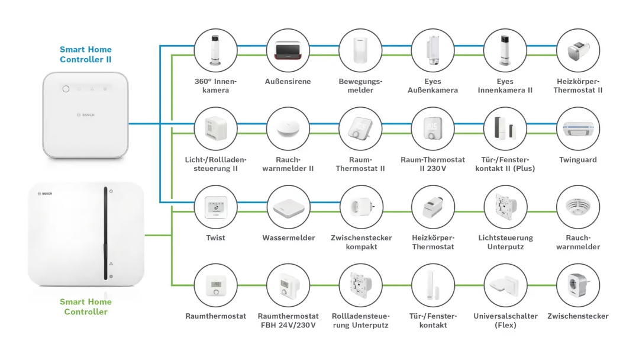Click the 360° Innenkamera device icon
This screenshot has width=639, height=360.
(x=215, y=50)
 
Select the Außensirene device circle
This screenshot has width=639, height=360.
(x=288, y=50)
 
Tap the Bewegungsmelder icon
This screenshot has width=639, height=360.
(x=360, y=50)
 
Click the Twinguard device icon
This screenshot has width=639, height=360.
(x=578, y=128)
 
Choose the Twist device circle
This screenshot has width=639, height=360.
(x=215, y=207)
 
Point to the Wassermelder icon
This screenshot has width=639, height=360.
(x=288, y=207)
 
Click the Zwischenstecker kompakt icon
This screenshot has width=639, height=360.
(x=360, y=207)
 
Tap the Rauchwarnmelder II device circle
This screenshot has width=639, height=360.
(x=288, y=128)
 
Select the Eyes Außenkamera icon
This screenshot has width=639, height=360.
(x=433, y=50)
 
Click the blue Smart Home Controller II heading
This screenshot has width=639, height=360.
(x=86, y=54)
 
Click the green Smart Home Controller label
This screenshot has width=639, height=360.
(x=86, y=307)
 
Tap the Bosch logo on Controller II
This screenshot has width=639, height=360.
(x=86, y=115)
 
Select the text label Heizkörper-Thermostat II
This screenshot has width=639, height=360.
(x=578, y=86)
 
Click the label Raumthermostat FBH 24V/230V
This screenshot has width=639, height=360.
(x=288, y=320)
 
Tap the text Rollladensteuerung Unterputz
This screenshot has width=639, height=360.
(x=360, y=320)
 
